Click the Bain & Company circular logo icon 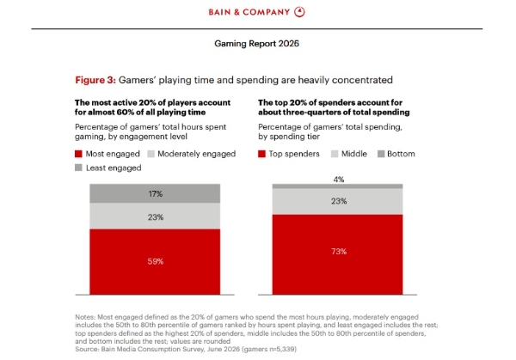(x=299, y=12)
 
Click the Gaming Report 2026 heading (x=256, y=44)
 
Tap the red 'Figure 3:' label (x=95, y=80)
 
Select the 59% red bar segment (x=155, y=262)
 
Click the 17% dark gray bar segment (x=155, y=193)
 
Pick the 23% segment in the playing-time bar (x=155, y=216)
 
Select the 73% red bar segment (x=338, y=254)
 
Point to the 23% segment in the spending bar (x=338, y=202)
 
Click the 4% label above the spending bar (x=339, y=180)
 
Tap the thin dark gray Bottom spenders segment (x=338, y=186)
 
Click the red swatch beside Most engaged (x=78, y=154)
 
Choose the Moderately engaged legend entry (x=192, y=154)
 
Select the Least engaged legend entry (x=108, y=168)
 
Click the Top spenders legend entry (x=289, y=154)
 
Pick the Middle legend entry (x=349, y=154)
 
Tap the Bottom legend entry (x=396, y=154)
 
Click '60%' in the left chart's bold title (x=125, y=113)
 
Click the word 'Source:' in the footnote (x=87, y=349)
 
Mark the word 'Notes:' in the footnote (x=85, y=317)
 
